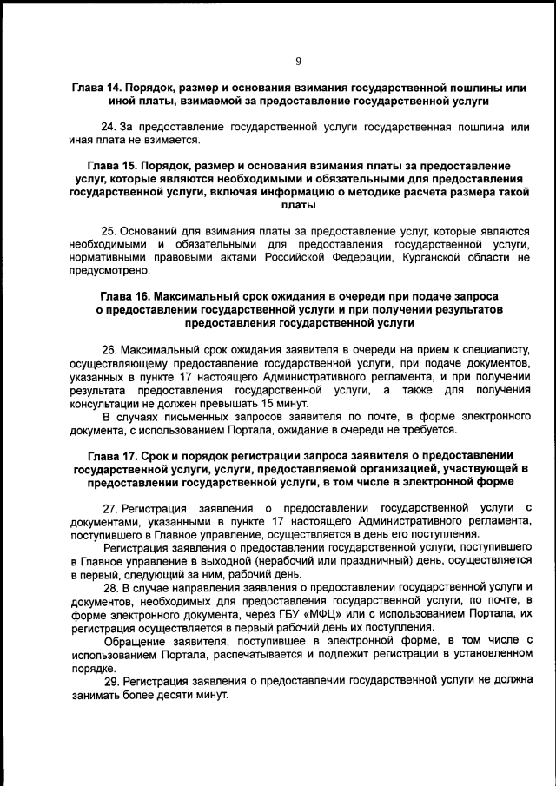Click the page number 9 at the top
[x=298, y=61]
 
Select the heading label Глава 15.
[x=115, y=165]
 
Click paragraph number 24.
[x=109, y=127]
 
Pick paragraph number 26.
[x=109, y=347]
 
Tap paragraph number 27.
[x=109, y=507]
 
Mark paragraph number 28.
[x=109, y=587]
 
